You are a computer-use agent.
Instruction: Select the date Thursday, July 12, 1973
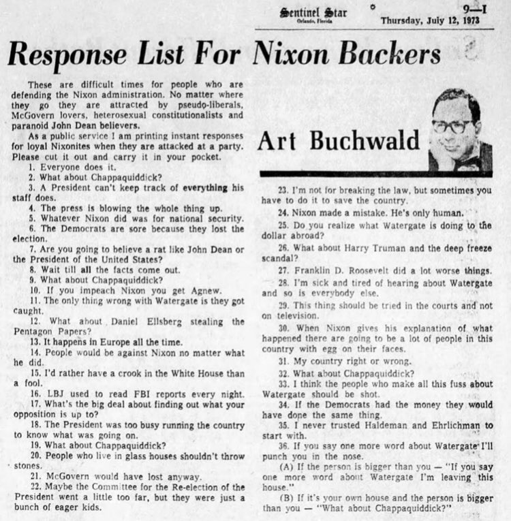(x=429, y=20)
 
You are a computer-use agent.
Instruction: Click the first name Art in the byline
(x=279, y=142)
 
